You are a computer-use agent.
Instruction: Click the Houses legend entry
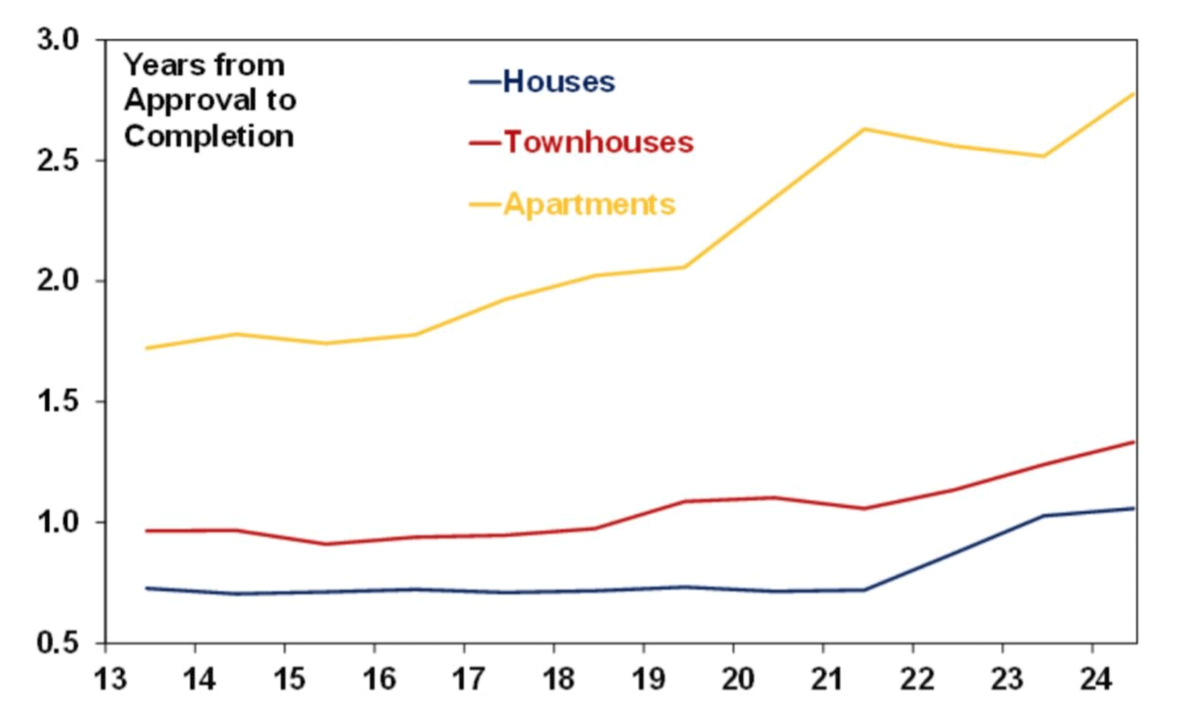(x=558, y=82)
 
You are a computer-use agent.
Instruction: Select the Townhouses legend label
(x=598, y=142)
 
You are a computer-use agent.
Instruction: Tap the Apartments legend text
(x=589, y=204)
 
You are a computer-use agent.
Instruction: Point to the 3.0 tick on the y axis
(x=58, y=40)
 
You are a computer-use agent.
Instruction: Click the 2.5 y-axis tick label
(x=58, y=160)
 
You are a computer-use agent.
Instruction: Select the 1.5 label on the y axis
(x=58, y=402)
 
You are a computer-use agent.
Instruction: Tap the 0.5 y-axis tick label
(x=58, y=643)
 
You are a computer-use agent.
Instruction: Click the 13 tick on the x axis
(x=110, y=679)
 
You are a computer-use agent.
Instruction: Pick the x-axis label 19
(x=648, y=679)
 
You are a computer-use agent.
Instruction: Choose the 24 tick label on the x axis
(x=1096, y=679)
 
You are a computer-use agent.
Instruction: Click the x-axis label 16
(x=379, y=679)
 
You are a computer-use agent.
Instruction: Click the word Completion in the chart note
(x=209, y=136)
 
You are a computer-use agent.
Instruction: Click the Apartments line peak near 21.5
(x=864, y=129)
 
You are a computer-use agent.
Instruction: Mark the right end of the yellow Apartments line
(x=1133, y=93)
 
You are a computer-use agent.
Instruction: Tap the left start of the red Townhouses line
(x=146, y=531)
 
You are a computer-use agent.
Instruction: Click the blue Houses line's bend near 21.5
(x=864, y=590)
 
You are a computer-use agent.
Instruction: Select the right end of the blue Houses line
(x=1133, y=508)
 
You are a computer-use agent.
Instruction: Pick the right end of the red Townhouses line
(x=1133, y=442)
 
